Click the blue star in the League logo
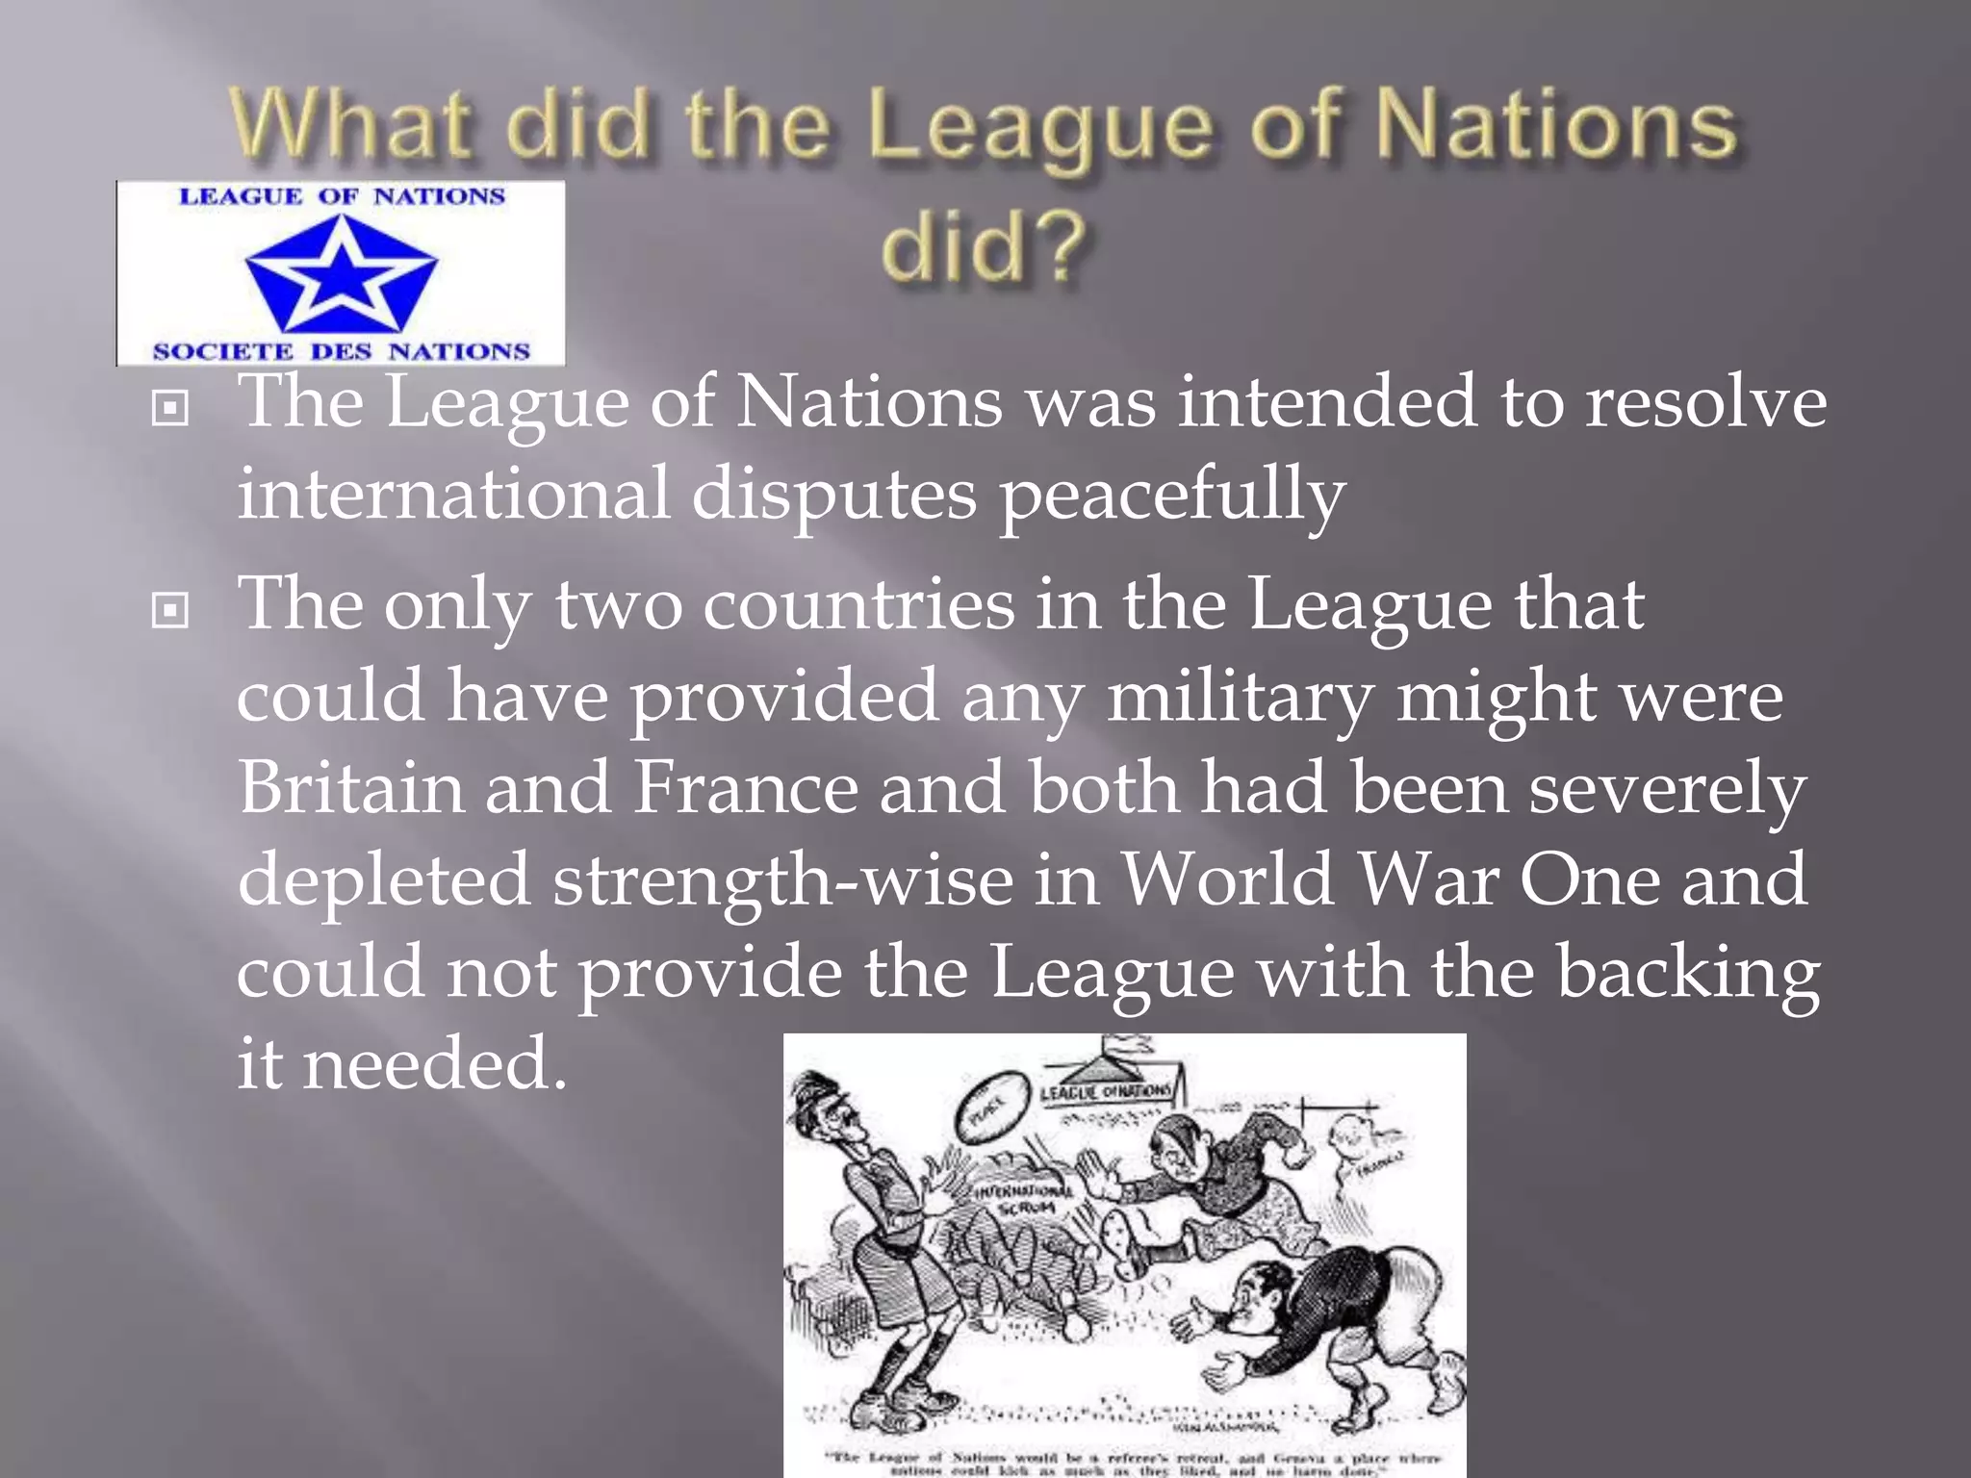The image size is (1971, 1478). [x=341, y=272]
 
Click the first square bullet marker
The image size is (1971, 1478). [x=170, y=409]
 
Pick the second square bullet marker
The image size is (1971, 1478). [x=170, y=610]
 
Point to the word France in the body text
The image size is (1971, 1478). [x=745, y=787]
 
